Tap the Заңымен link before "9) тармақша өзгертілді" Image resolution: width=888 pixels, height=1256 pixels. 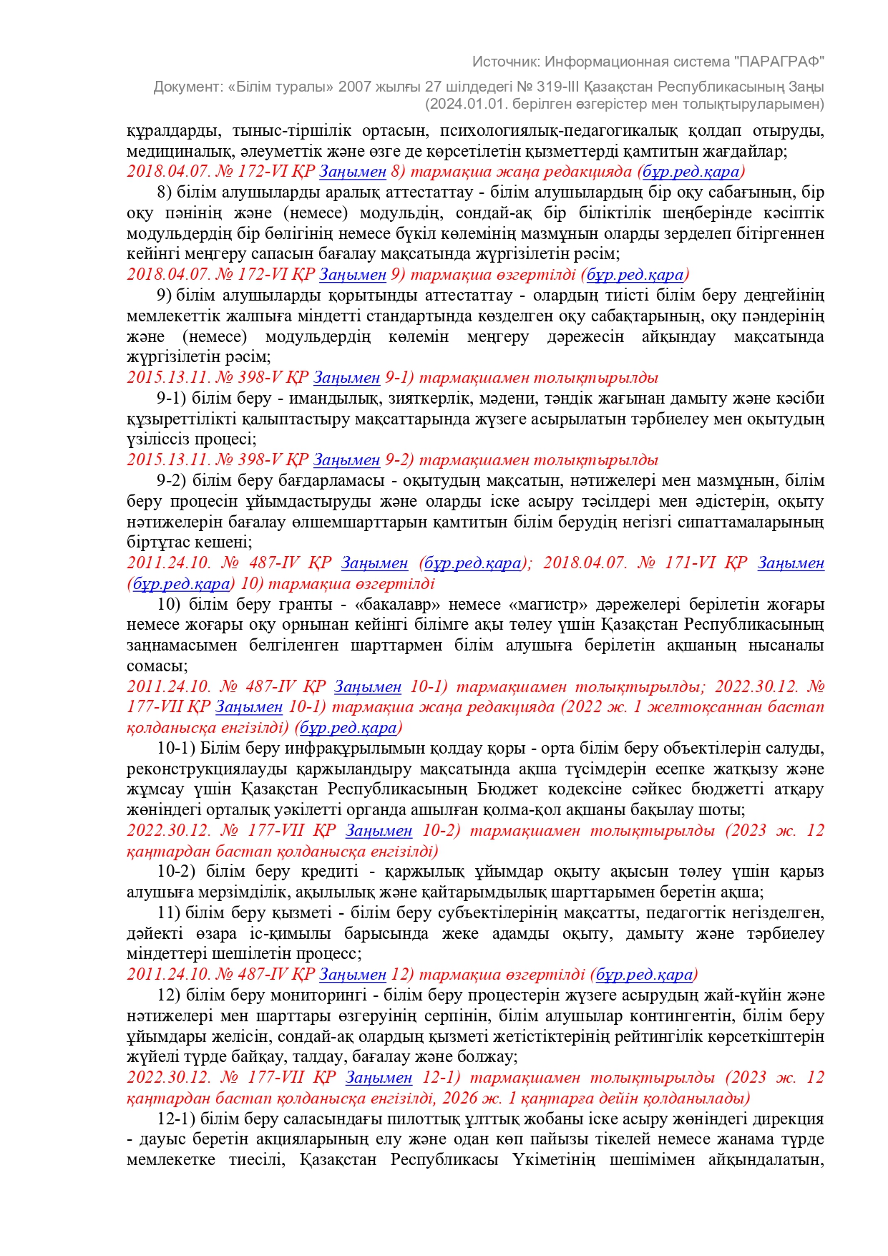pyautogui.click(x=352, y=275)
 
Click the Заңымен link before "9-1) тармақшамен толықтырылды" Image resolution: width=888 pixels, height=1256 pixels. pyautogui.click(x=346, y=378)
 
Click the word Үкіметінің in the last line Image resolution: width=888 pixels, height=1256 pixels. pyautogui.click(x=553, y=1160)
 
